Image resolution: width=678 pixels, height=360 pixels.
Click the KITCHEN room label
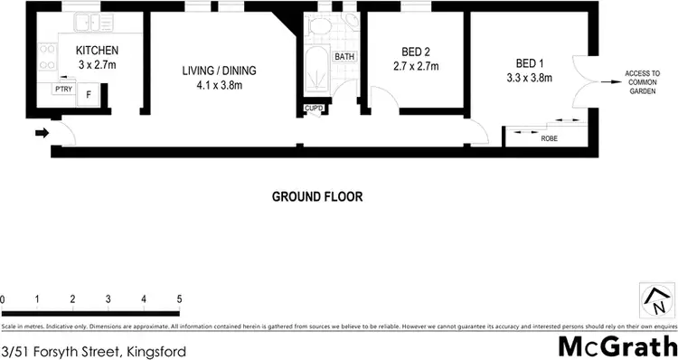(x=97, y=50)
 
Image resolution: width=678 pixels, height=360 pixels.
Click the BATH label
(x=344, y=56)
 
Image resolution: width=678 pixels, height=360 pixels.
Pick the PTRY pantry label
(x=63, y=90)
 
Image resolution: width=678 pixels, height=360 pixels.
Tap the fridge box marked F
(x=89, y=93)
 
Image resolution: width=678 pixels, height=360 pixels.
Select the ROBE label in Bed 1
(x=549, y=138)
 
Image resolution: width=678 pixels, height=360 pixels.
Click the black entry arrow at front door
(x=42, y=134)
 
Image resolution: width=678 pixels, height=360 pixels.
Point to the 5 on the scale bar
(x=179, y=298)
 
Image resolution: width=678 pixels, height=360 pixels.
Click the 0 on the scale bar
(x=4, y=298)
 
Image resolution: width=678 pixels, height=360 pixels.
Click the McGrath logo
(x=616, y=346)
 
